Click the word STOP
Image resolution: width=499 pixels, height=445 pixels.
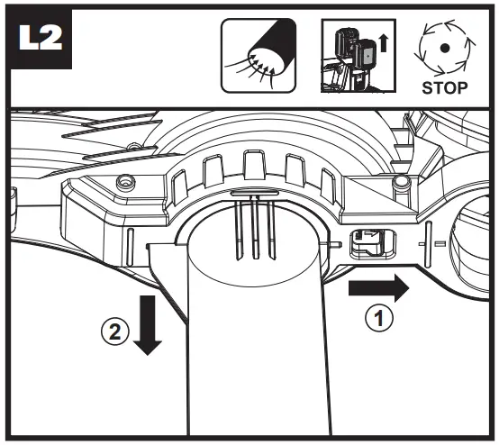(x=445, y=88)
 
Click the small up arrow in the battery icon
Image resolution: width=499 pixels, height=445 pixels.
(x=386, y=41)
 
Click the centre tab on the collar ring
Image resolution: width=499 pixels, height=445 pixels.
(x=252, y=168)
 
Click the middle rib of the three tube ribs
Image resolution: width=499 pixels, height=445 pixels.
(x=254, y=225)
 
